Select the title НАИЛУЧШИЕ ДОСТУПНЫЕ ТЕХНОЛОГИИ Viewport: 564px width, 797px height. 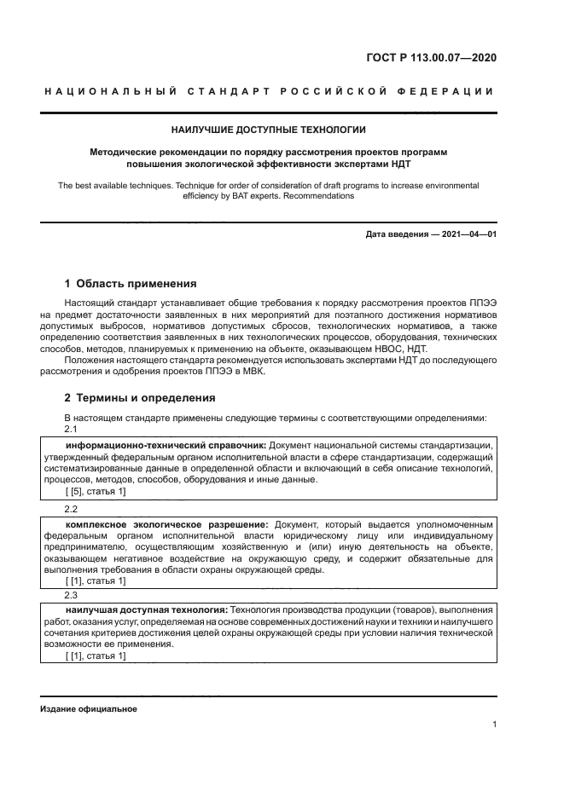click(268, 130)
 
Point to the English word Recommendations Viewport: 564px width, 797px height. click(317, 195)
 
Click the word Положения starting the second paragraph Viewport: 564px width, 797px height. click(90, 360)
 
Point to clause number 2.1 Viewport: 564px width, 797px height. click(73, 429)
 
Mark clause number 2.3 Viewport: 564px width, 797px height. click(73, 596)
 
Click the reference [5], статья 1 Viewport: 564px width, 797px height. click(96, 492)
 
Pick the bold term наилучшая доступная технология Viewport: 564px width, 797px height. click(147, 611)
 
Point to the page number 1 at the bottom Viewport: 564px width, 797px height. click(494, 725)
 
